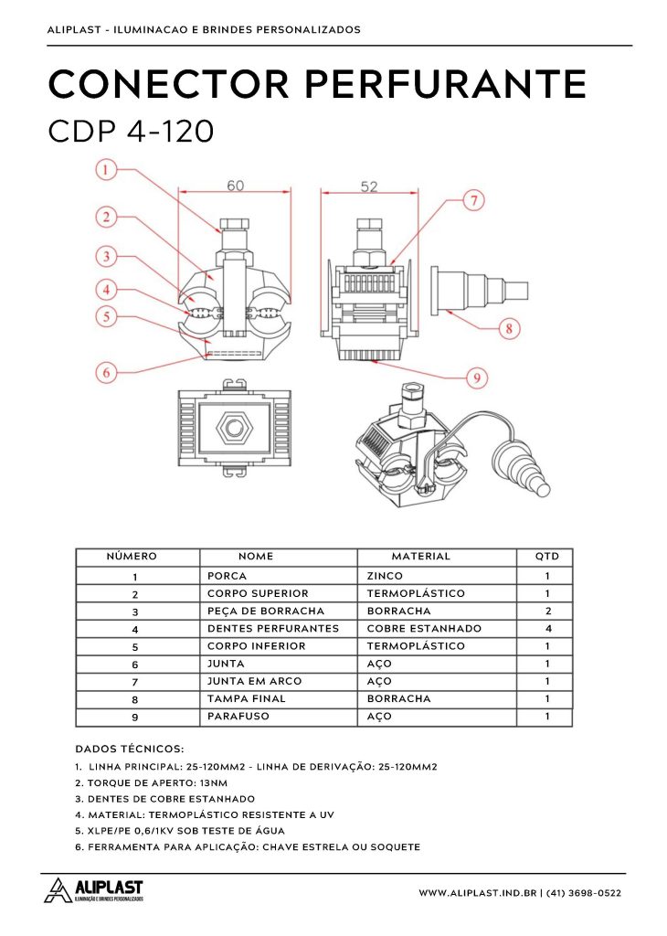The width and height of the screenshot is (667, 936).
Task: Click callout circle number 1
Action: (107, 169)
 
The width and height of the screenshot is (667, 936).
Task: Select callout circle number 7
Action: (473, 201)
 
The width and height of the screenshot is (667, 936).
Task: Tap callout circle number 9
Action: (473, 375)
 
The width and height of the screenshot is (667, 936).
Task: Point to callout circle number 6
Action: (107, 372)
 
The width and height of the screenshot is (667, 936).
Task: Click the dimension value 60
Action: (236, 186)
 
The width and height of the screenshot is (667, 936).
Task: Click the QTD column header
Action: (546, 557)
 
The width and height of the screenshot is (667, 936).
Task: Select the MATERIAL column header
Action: (420, 557)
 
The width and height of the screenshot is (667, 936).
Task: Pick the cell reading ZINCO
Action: (385, 577)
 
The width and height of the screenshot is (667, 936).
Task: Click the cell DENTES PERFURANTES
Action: (273, 629)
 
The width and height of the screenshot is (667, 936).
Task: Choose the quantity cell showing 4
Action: (546, 629)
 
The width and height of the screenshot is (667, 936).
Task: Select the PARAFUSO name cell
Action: (238, 717)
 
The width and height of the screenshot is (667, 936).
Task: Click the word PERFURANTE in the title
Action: (444, 85)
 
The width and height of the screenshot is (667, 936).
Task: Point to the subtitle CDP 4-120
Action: (131, 131)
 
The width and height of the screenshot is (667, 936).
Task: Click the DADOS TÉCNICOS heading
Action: (129, 749)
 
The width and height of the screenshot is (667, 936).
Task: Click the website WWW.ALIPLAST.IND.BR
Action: (477, 893)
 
